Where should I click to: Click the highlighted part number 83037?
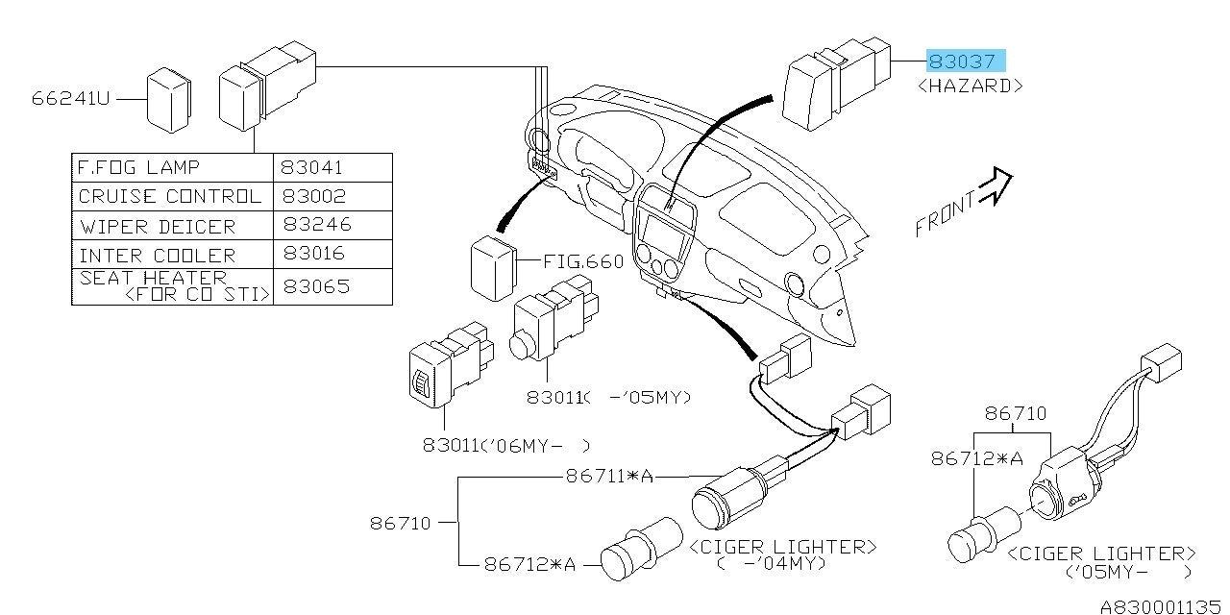[965, 61]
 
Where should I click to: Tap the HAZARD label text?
[970, 86]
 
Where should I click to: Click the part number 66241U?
[69, 98]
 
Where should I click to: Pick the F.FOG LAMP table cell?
[139, 167]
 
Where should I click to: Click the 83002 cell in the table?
[314, 196]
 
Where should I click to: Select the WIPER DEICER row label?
[157, 227]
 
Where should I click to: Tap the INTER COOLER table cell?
[157, 256]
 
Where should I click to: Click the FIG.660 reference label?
[583, 261]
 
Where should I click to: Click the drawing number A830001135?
[1161, 606]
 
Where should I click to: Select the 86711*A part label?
[609, 475]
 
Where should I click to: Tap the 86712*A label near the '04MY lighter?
[529, 565]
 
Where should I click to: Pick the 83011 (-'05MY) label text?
[609, 396]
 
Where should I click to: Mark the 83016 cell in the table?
[314, 256]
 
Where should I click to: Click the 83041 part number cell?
[314, 167]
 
